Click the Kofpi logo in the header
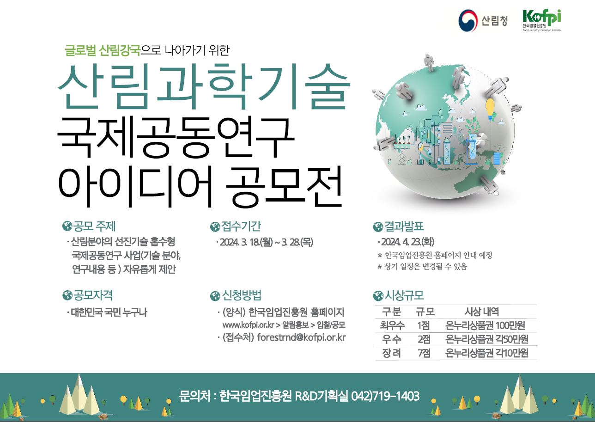[x=541, y=20]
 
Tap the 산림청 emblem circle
[x=468, y=20]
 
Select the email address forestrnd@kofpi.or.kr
[x=302, y=337]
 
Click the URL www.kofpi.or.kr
[x=248, y=325]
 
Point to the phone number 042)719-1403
[x=385, y=396]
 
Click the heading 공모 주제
[x=94, y=226]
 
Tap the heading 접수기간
[x=241, y=226]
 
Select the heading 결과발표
[x=404, y=226]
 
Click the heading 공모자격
[x=93, y=295]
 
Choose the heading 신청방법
[x=242, y=295]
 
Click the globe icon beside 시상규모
[x=378, y=296]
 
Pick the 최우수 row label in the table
[x=392, y=325]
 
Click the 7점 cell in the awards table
[x=424, y=353]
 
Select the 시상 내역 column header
[x=481, y=312]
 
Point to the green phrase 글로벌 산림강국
[x=103, y=50]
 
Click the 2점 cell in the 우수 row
[x=424, y=339]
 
